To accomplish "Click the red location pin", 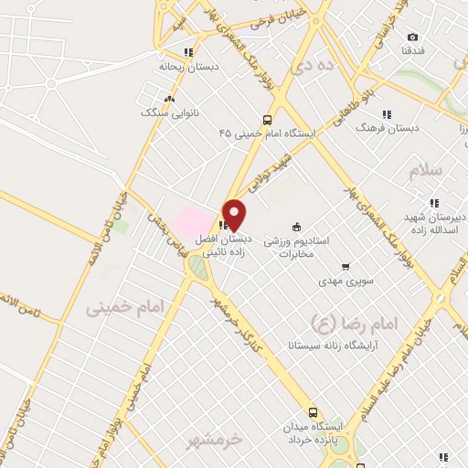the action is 234,214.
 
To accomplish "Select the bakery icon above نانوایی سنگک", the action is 168,99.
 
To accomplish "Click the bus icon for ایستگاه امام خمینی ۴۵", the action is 267,120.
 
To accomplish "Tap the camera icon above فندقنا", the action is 412,37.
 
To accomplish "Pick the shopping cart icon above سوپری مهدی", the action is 346,267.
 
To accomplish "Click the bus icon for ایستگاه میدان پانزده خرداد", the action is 314,412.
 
